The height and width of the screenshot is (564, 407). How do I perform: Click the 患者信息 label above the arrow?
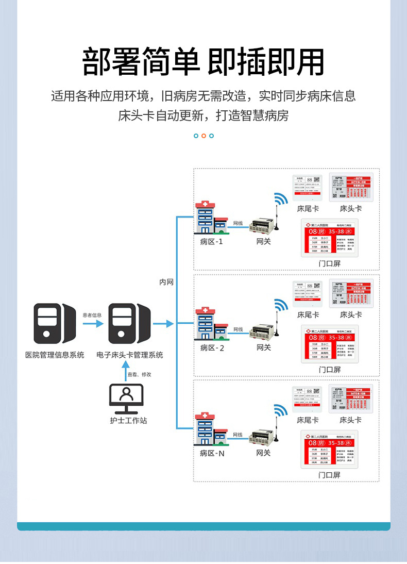tap(93, 315)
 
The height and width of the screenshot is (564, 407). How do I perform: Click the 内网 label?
tap(166, 282)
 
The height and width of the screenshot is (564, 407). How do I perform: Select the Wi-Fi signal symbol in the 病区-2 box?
tap(281, 306)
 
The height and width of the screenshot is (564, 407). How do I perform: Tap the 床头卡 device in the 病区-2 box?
tap(351, 293)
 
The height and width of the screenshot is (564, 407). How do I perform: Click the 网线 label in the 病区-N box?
tap(238, 435)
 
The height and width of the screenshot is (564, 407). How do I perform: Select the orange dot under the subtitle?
tap(203, 136)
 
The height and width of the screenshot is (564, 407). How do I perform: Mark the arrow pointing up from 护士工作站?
tap(124, 370)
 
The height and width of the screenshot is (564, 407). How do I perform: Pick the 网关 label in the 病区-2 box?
tap(263, 347)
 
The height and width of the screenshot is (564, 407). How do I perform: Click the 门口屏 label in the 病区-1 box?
tap(330, 263)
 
